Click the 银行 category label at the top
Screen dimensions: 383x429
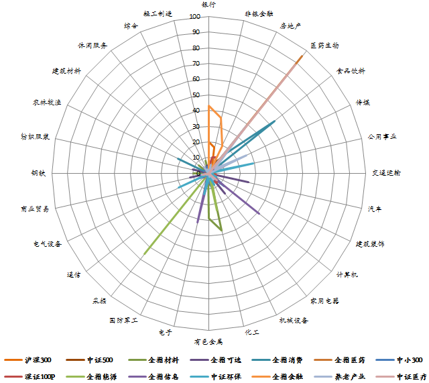(x=209, y=5)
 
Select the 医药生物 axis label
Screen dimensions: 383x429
(x=324, y=46)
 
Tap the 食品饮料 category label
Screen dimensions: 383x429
(x=351, y=70)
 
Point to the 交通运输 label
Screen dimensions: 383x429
(x=386, y=173)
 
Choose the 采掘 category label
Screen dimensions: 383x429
(x=99, y=300)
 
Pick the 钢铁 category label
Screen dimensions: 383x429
(x=38, y=173)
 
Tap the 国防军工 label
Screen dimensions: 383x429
(x=124, y=321)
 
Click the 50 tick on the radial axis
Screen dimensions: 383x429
(x=196, y=95)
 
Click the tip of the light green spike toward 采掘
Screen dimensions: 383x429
(x=145, y=254)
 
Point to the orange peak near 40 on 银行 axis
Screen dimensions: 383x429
(x=209, y=106)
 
